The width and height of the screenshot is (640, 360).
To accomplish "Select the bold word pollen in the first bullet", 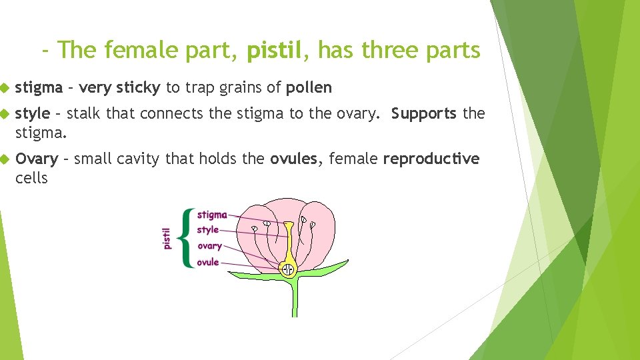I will (309, 87).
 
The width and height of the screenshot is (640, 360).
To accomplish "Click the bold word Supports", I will (424, 113).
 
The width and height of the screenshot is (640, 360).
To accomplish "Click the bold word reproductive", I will (431, 159).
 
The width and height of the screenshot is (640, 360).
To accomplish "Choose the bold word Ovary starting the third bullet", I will (37, 159).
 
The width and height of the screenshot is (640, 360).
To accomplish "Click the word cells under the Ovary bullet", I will (31, 178).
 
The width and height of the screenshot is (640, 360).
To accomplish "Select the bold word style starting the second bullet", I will (32, 113).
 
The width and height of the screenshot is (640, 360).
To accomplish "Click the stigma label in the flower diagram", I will (212, 215).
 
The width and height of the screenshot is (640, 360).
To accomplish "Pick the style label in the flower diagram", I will (208, 230).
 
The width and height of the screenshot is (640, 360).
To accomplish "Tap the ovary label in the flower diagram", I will (209, 246).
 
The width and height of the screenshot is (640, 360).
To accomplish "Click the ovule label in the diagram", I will (208, 262).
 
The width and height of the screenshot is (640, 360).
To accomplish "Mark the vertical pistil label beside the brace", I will (167, 238).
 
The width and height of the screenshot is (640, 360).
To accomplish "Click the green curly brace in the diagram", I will (187, 238).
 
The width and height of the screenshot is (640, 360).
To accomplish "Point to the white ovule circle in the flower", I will (288, 269).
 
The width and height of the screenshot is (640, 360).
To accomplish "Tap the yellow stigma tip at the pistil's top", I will (288, 225).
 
